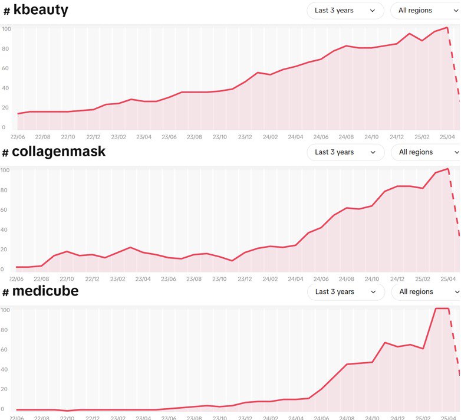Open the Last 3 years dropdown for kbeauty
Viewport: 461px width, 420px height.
pyautogui.click(x=345, y=11)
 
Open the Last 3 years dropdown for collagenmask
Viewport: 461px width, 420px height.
pyautogui.click(x=345, y=152)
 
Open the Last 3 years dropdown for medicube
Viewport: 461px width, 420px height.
pyautogui.click(x=345, y=292)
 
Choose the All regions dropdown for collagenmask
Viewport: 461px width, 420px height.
pyautogui.click(x=424, y=152)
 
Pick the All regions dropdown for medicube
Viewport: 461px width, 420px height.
pyautogui.click(x=424, y=292)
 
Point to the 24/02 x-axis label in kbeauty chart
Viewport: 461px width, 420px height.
pyautogui.click(x=270, y=137)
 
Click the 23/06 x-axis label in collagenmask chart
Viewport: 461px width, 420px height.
pyautogui.click(x=169, y=279)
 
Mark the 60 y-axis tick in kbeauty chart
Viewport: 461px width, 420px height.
pyautogui.click(x=5, y=68)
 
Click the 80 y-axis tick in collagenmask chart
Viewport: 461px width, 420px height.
pyautogui.click(x=5, y=191)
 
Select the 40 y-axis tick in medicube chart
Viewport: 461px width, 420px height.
pyautogui.click(x=5, y=370)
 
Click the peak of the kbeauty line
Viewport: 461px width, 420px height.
pyautogui.click(x=448, y=27)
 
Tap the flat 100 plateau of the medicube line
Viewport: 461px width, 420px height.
pyautogui.click(x=442, y=309)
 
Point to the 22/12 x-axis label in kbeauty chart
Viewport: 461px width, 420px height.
pyautogui.click(x=93, y=137)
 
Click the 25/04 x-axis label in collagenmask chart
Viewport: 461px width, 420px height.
pyautogui.click(x=448, y=279)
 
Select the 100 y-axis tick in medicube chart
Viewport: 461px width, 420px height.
pyautogui.click(x=5, y=310)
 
